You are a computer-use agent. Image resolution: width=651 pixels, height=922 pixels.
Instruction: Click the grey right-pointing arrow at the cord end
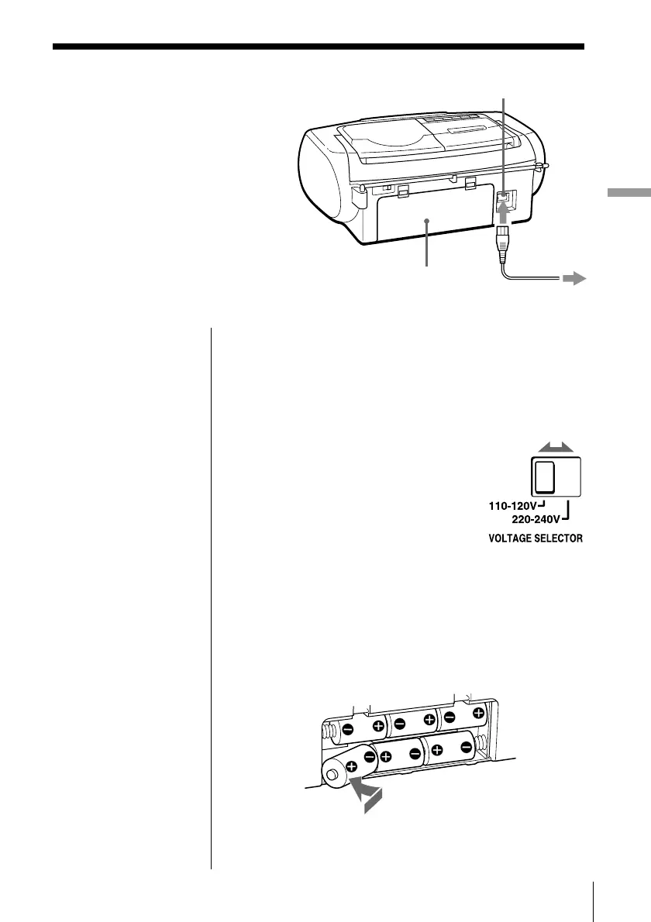coord(573,280)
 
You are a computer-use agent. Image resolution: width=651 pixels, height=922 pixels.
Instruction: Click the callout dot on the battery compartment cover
coord(427,222)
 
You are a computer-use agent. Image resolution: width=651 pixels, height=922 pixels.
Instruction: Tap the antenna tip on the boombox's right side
coord(545,164)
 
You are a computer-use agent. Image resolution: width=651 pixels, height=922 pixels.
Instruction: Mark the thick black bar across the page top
coord(318,47)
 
